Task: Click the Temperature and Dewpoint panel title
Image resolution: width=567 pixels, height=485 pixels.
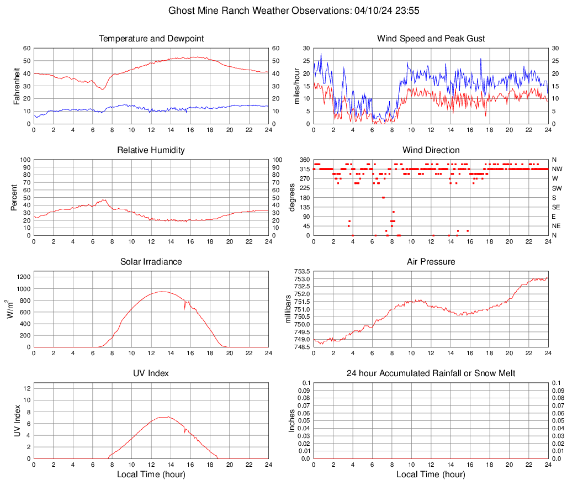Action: [151, 39]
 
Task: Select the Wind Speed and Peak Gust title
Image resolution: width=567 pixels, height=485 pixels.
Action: [431, 39]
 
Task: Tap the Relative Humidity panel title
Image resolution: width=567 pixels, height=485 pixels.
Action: [151, 150]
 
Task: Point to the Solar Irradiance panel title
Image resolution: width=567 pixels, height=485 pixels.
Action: [151, 262]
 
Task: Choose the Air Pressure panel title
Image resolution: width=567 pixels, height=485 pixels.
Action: [431, 262]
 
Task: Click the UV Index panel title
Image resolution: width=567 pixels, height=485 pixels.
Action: [151, 373]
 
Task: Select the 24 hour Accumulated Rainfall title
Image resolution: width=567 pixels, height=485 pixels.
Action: [431, 373]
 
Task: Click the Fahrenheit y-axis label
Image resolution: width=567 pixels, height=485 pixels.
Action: [15, 86]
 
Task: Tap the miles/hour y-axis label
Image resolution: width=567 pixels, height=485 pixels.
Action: [296, 86]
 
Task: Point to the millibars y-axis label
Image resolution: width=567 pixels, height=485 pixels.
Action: [288, 309]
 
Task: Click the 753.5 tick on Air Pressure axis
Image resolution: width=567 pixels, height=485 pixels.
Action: [301, 271]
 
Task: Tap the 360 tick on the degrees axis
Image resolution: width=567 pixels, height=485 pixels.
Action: [304, 160]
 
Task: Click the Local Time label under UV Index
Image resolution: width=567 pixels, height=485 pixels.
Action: [151, 475]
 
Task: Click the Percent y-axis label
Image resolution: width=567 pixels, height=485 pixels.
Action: [14, 198]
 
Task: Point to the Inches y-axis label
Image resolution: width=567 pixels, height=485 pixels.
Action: [293, 421]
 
